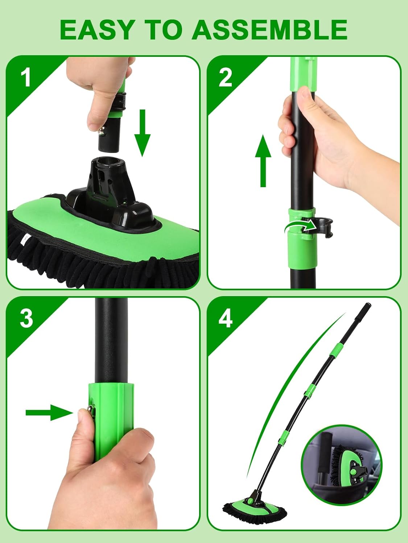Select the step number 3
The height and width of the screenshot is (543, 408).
26,318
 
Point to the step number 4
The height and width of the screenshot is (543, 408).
226,319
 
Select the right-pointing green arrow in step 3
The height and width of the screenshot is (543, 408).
49,412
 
